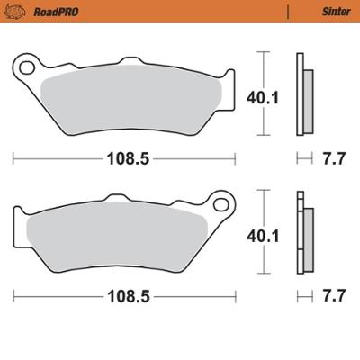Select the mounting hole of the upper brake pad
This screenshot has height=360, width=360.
pyautogui.click(x=28, y=66)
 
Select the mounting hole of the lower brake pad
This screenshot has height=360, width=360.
pyautogui.click(x=219, y=199)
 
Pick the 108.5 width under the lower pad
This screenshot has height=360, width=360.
pyautogui.click(x=127, y=293)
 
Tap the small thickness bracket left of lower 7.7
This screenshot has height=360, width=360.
pyautogui.click(x=303, y=293)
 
